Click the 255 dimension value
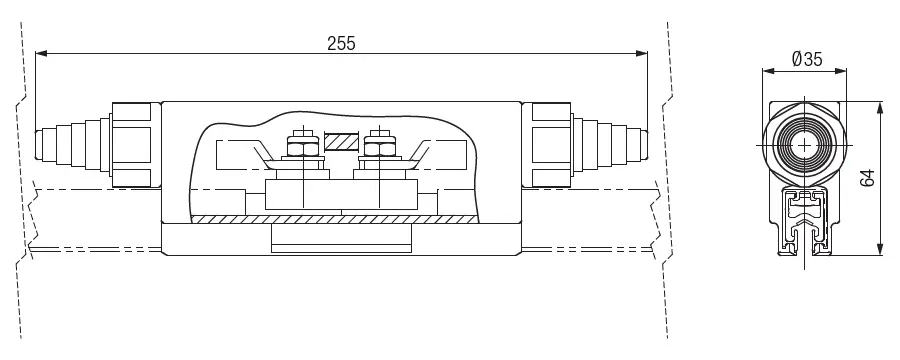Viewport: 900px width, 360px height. [341, 43]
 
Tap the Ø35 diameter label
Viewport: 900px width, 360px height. [807, 59]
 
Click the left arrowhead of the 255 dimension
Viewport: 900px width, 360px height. [41, 53]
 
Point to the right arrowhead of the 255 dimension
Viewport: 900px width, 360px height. [642, 53]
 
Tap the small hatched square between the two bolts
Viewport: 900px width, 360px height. [341, 142]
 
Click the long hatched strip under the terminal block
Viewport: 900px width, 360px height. [333, 219]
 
